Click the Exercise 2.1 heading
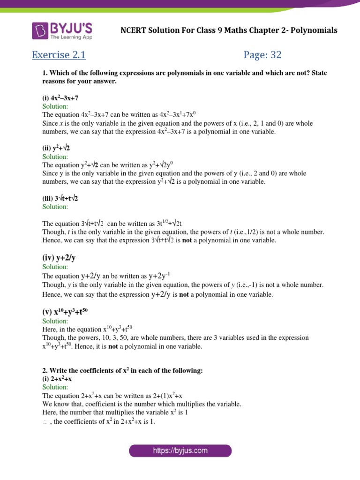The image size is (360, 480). point(59,55)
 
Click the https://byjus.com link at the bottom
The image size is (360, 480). point(180,451)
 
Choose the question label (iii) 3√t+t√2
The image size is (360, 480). point(60,198)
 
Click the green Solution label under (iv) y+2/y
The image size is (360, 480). point(55,266)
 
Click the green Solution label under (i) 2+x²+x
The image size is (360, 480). point(55,387)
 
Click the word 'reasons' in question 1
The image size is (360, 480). point(53,82)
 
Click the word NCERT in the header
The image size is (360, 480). point(134,30)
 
